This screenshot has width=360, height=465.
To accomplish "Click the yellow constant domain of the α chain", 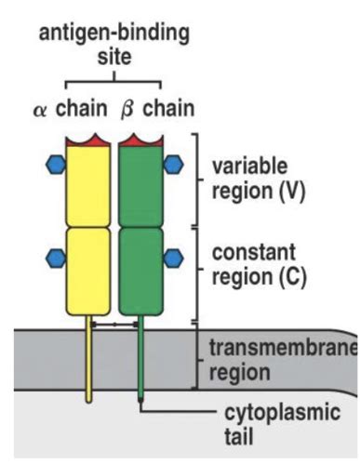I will (89, 270).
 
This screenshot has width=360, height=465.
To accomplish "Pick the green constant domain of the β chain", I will (140, 270).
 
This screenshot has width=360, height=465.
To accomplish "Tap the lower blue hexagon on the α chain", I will (56, 257).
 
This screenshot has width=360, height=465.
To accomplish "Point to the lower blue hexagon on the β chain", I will (174, 257).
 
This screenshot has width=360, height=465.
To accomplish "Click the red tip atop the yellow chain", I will (89, 141).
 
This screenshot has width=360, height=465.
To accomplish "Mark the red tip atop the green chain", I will (140, 141).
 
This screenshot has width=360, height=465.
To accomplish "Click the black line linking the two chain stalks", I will (114, 325).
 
